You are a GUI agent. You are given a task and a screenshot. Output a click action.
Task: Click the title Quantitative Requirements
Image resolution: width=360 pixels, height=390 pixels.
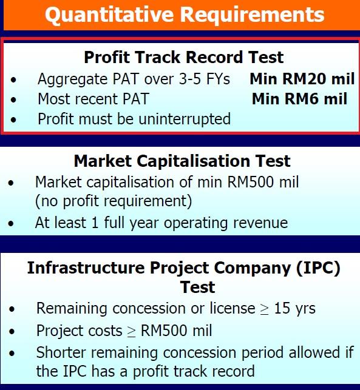(x=185, y=15)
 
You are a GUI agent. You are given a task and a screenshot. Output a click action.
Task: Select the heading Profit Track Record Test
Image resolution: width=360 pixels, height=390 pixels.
(x=184, y=57)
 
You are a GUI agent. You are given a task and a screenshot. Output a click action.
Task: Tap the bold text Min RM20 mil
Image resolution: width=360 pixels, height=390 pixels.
(x=302, y=79)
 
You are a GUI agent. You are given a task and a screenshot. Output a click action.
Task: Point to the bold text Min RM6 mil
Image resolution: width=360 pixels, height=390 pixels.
(x=299, y=98)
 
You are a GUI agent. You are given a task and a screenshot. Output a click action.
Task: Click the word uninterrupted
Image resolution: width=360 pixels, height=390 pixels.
(x=185, y=119)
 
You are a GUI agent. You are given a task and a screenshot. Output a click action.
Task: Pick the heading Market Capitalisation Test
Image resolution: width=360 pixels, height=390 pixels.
(x=182, y=161)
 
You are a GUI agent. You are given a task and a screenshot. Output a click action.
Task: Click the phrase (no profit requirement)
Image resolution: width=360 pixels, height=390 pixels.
(x=114, y=201)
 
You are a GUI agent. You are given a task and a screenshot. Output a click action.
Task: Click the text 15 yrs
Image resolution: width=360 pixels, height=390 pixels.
(x=294, y=308)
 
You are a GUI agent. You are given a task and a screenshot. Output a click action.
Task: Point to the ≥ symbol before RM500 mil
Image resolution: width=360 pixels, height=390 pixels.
(x=131, y=332)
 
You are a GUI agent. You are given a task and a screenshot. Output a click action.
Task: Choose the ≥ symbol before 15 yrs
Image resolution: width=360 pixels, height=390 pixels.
(x=264, y=309)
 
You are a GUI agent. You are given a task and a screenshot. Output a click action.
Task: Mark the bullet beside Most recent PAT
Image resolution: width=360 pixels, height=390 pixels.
(x=13, y=99)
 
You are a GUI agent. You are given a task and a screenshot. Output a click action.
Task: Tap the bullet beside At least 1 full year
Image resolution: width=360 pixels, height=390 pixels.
(x=11, y=223)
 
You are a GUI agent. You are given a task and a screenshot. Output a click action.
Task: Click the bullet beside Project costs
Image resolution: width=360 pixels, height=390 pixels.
(x=12, y=331)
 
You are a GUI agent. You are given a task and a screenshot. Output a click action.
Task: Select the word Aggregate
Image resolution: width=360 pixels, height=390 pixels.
(x=73, y=79)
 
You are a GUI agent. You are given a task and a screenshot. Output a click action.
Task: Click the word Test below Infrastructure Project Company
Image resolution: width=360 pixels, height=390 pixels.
(x=198, y=287)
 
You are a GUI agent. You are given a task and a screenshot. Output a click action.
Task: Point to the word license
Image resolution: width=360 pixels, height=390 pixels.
(x=233, y=308)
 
